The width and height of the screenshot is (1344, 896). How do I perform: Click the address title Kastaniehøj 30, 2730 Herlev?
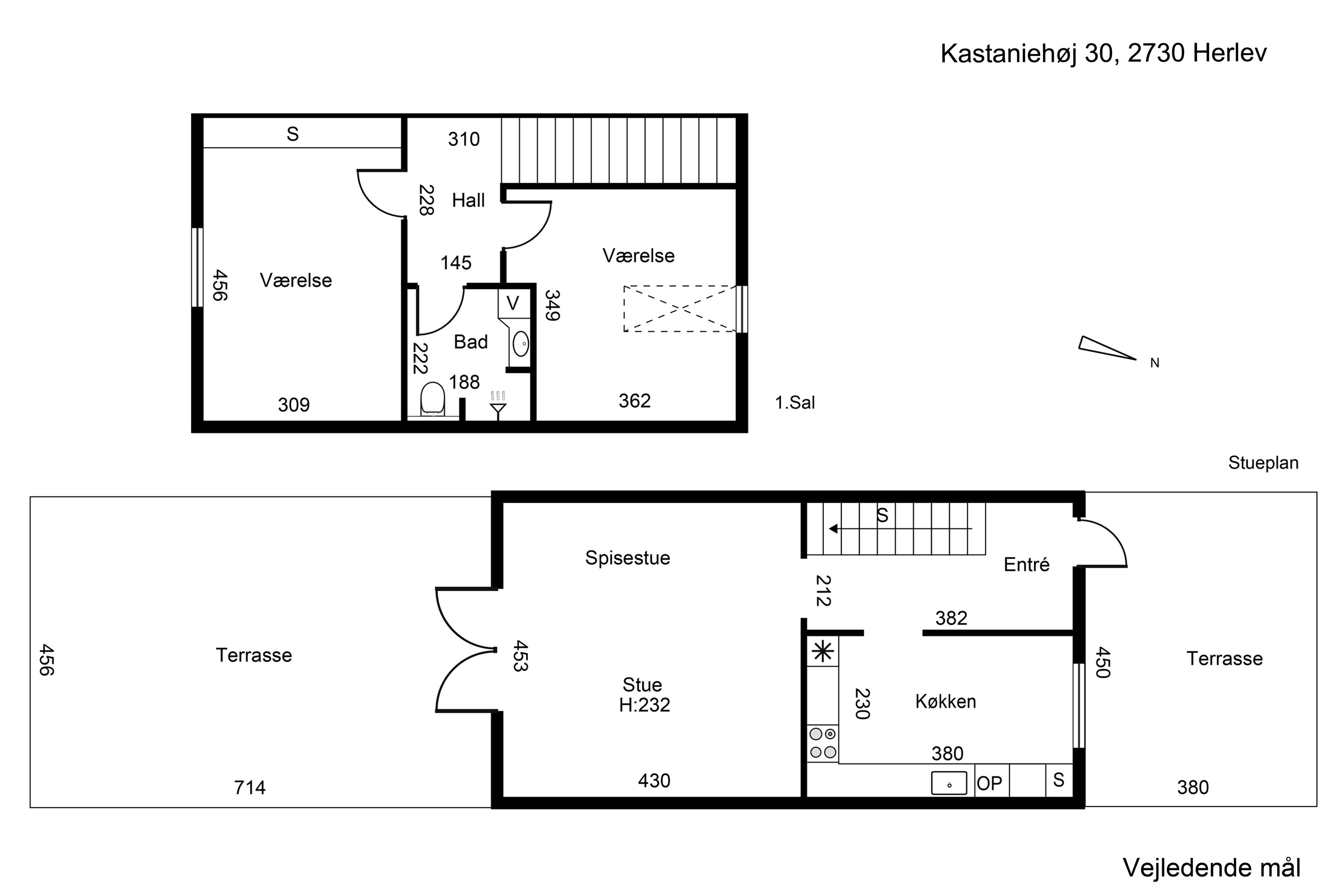[1103, 53]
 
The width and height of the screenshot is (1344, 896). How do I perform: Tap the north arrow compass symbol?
[1105, 348]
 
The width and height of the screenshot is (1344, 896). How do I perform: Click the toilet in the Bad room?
[433, 398]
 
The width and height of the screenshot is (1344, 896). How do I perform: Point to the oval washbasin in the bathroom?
[520, 344]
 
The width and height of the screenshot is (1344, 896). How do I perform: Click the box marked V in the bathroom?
[513, 303]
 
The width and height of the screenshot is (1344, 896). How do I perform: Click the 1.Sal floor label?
[794, 403]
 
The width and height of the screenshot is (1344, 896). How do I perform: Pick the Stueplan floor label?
[1263, 463]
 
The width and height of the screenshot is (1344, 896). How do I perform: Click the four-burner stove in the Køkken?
[823, 743]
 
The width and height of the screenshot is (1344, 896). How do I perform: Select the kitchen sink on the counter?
[948, 783]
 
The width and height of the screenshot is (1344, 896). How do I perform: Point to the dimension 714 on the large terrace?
[250, 788]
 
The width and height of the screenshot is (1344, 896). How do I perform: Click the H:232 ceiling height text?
[644, 705]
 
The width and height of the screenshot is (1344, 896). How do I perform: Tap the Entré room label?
[1026, 564]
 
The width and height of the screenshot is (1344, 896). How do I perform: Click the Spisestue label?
[628, 558]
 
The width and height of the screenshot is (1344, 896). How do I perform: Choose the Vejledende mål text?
[1211, 867]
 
